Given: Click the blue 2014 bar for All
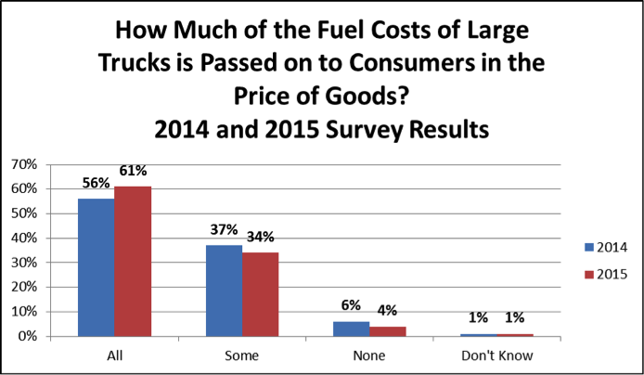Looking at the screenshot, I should click(97, 267).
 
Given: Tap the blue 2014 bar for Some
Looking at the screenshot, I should click(224, 291).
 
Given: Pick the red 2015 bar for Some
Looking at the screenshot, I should click(260, 294).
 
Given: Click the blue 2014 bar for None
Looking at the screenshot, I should click(351, 329).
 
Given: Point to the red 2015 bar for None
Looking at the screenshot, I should click(387, 331).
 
